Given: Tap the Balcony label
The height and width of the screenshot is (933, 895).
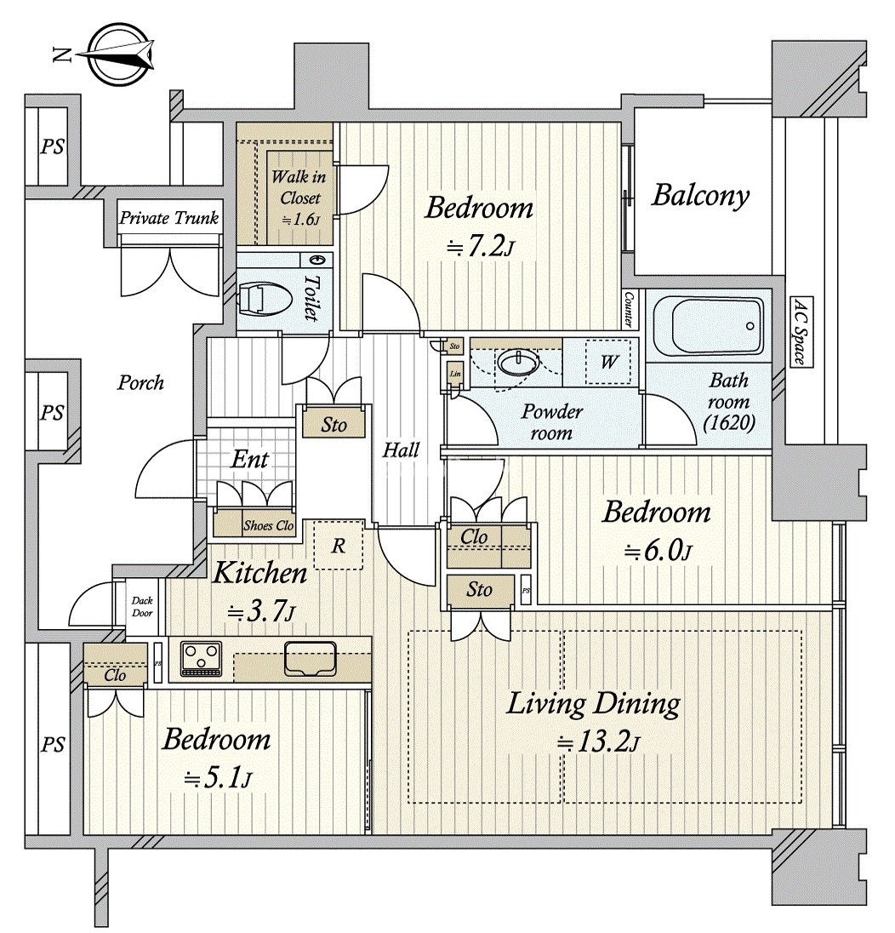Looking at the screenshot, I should [700, 195].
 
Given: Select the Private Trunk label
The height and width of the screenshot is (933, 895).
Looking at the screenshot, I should [169, 218].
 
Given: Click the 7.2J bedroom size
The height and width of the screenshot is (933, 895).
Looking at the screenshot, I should [480, 247].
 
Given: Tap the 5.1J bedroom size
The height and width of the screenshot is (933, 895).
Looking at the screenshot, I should [217, 776].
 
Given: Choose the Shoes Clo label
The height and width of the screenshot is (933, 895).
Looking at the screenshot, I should [268, 526].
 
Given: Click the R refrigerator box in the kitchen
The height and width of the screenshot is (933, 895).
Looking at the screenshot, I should [339, 546].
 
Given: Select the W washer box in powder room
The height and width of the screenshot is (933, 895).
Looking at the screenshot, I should [609, 361].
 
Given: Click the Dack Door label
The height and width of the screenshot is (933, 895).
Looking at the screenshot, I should [141, 606].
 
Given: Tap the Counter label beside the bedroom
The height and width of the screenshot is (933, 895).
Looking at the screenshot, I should [629, 308].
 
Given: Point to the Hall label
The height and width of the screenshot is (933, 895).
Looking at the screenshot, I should [400, 449].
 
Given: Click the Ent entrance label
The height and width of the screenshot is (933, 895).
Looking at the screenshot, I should [250, 460].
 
